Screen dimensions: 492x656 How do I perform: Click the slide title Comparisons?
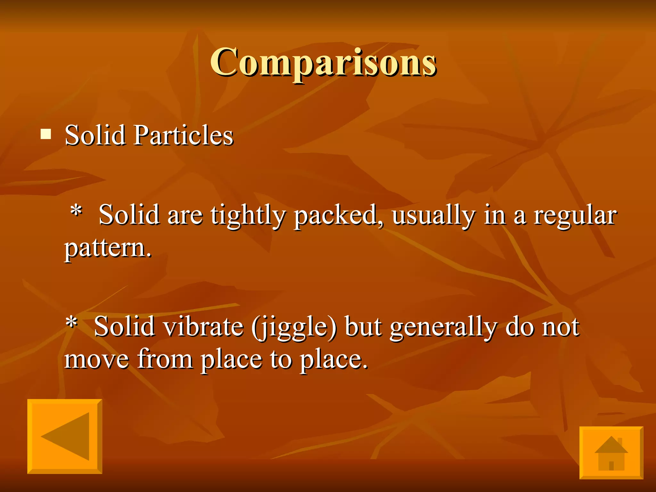323,62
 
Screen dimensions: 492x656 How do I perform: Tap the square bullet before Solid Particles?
46,134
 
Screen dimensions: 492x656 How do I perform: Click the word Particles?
184,135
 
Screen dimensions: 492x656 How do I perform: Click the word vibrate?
203,327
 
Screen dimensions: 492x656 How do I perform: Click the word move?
96,359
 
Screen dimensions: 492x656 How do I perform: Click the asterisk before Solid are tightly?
76,211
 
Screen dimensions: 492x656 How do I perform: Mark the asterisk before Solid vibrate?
71,322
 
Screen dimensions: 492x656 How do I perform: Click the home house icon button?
611,453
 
